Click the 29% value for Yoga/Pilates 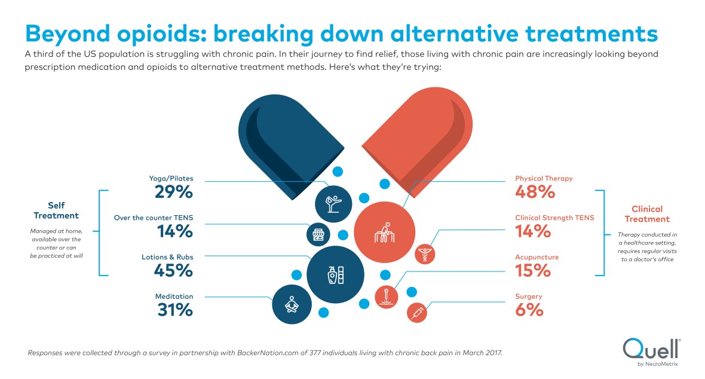coord(173,193)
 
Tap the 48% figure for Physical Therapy coord(535,192)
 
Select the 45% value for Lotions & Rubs coord(173,271)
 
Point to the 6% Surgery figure coord(529,310)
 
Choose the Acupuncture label coord(537,257)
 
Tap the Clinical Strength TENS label coord(554,218)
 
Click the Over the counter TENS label coord(154,218)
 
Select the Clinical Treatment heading coord(647,214)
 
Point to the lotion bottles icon coord(335,274)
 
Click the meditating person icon coord(292,305)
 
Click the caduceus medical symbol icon coord(425,253)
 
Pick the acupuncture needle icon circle coord(387,295)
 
